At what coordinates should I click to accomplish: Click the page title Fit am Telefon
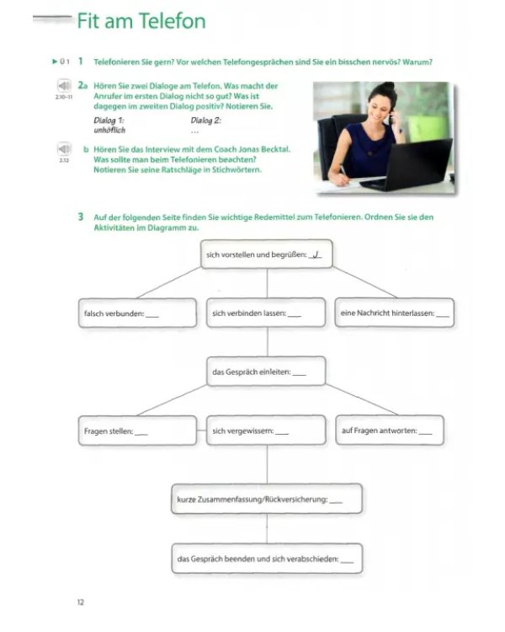[141, 21]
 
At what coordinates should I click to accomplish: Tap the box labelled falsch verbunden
[137, 313]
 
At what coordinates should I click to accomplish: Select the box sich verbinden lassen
[266, 313]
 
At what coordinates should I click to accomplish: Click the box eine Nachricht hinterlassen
[394, 313]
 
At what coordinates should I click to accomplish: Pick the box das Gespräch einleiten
[266, 372]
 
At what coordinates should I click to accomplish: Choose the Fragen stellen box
[137, 431]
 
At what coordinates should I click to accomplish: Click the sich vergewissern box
[266, 430]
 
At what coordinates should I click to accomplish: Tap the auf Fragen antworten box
[390, 430]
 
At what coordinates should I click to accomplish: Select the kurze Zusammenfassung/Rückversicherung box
[267, 499]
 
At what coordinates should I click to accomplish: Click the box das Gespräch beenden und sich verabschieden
[267, 558]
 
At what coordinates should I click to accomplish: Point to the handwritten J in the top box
[316, 254]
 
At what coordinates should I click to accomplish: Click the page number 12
[81, 602]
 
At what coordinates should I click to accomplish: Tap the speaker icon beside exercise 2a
[64, 85]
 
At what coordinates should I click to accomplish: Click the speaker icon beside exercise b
[64, 148]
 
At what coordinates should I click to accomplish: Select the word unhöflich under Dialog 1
[109, 130]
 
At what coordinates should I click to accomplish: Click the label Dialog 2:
[205, 121]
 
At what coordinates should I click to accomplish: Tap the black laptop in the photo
[407, 164]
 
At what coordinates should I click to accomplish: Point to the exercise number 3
[81, 217]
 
